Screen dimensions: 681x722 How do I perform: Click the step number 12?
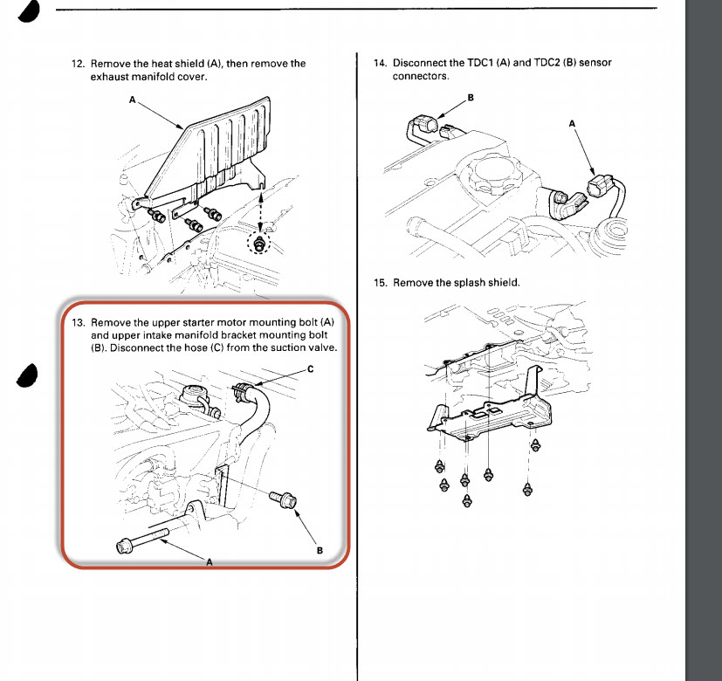[76, 64]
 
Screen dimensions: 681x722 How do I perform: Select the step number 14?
[379, 64]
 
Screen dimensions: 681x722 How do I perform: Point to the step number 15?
[379, 283]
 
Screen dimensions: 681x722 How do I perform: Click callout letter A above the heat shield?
[133, 100]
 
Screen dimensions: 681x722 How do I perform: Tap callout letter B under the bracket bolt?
[320, 550]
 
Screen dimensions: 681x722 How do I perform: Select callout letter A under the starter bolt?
[209, 563]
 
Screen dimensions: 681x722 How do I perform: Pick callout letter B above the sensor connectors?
[471, 98]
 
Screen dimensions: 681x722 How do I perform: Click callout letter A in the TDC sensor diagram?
[573, 124]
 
